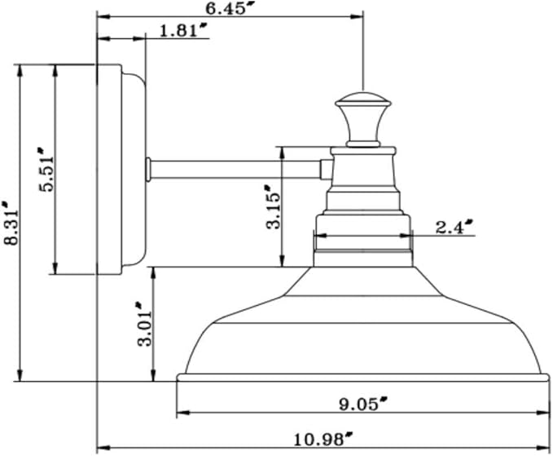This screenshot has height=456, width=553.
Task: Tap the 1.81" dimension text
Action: tap(183, 30)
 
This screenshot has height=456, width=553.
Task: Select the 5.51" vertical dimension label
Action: tap(46, 170)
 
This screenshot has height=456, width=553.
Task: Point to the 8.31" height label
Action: tap(10, 223)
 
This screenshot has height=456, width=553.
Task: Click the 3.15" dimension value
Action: tap(274, 207)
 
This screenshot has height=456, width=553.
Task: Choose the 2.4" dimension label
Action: tap(454, 227)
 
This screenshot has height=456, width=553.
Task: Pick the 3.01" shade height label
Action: tap(145, 324)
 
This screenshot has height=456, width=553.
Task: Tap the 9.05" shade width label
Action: tap(363, 404)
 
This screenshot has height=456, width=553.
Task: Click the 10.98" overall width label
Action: tap(323, 440)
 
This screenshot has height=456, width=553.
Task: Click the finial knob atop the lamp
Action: tap(363, 120)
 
